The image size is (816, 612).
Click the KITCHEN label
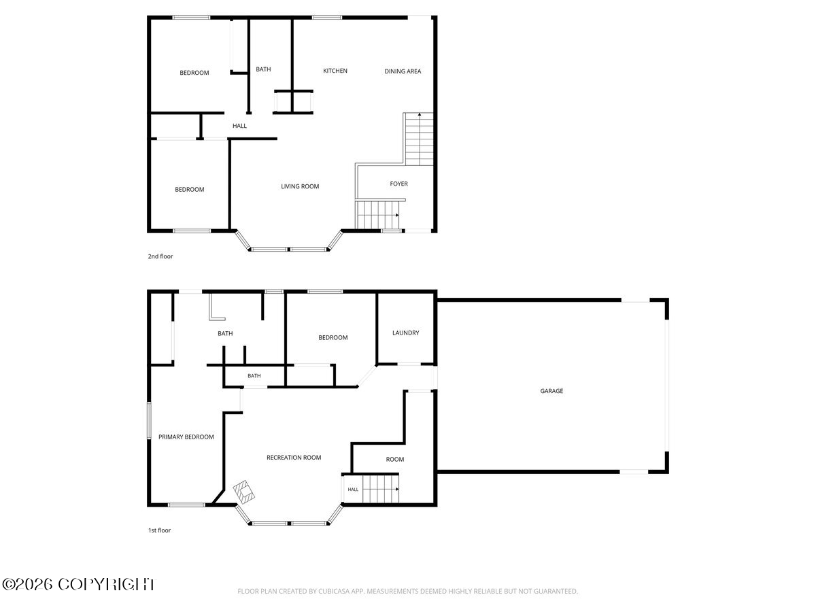335,71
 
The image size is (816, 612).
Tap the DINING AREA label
403,71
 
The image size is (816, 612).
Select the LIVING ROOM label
300,186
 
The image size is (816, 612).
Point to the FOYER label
399,184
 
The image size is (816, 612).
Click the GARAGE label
551,391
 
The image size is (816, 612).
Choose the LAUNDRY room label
405,333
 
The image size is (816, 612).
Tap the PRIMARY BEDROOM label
186,437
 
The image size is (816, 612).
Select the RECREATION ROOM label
294,458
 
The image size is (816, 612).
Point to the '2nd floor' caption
160,256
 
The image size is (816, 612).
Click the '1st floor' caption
160,530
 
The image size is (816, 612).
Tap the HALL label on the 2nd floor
239,126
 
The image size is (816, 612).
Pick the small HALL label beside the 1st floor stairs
353,490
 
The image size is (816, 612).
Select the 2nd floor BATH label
263,69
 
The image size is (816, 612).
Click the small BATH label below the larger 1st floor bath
254,376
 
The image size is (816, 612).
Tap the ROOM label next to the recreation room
395,460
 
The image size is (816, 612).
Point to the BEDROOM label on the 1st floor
333,338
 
